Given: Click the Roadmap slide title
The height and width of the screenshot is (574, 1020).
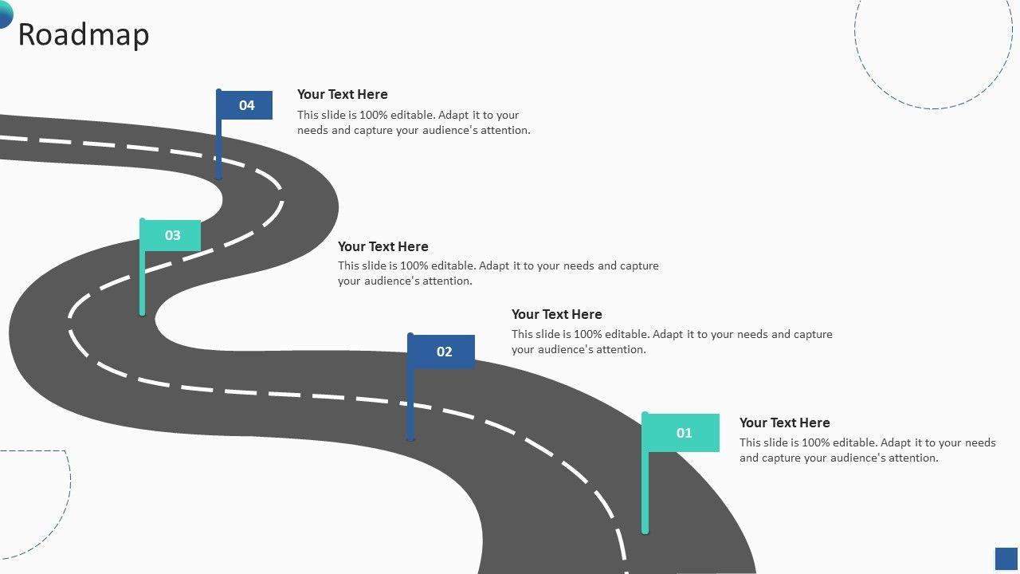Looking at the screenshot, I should [83, 35].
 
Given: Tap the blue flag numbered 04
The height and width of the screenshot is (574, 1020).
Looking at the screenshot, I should [246, 105].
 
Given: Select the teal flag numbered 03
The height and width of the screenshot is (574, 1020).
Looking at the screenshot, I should [172, 235].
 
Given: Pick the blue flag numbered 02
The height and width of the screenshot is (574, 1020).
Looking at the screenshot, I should [443, 352].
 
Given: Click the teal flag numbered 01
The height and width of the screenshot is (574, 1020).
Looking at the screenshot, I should [683, 433].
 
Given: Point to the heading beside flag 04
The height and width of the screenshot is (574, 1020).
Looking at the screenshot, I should [342, 94].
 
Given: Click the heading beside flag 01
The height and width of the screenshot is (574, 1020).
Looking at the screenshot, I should [784, 423].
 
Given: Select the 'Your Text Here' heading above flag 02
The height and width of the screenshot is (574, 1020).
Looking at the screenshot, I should [556, 314].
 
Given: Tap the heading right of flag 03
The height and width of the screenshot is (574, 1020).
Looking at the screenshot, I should [382, 246].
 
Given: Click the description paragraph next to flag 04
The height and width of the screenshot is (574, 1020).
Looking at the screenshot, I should [413, 123].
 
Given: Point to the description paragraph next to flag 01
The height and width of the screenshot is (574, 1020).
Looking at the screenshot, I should [867, 450].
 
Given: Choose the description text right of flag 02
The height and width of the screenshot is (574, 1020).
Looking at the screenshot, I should [671, 342].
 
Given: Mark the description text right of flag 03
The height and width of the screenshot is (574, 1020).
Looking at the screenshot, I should [497, 273].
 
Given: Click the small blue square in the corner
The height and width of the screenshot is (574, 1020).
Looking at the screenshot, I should [1006, 558].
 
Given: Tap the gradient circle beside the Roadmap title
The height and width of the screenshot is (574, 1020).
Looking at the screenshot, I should [5, 14].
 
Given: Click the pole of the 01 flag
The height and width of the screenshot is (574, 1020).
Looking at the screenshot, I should [645, 494].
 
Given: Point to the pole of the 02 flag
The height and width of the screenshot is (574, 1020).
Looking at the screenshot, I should [410, 407].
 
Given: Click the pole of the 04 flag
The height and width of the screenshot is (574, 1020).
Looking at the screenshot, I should [219, 151].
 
